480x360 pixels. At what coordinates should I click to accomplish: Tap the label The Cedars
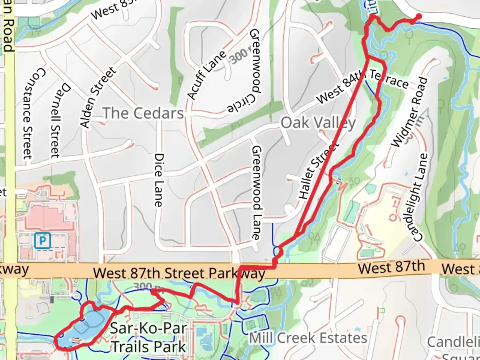[143, 113]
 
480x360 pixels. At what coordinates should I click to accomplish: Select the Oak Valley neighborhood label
[318, 123]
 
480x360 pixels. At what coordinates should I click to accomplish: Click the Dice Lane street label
[159, 180]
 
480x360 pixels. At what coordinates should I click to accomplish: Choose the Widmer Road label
[409, 112]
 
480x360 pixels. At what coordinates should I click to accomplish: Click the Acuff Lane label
[207, 75]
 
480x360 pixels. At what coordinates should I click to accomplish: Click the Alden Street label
[98, 97]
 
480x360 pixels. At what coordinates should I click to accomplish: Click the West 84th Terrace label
[362, 85]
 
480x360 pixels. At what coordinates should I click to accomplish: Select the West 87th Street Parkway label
[179, 273]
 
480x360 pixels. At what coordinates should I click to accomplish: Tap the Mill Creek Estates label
[308, 338]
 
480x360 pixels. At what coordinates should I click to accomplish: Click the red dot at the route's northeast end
[418, 16]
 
